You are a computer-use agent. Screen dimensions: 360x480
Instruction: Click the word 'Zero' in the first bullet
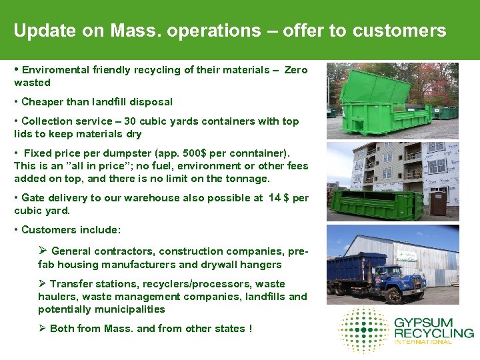tap(296, 70)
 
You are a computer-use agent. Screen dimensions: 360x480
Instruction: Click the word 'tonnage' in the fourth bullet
tap(249, 178)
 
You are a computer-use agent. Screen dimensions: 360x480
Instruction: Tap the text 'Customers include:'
tap(71, 230)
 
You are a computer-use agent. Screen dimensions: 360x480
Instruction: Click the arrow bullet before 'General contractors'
tap(43, 251)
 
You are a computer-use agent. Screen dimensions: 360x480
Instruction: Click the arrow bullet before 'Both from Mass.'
tap(43, 328)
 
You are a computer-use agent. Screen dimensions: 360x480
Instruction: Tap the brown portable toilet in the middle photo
tap(438, 203)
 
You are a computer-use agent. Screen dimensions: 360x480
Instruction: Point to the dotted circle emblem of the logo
tap(363, 329)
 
